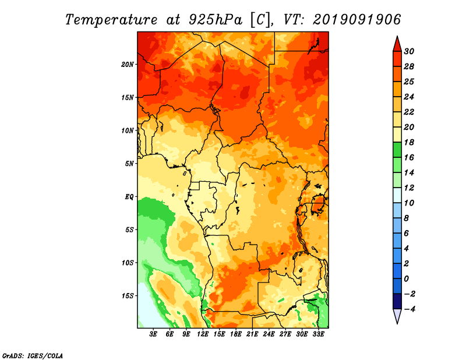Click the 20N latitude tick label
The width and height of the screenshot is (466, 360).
pyautogui.click(x=128, y=65)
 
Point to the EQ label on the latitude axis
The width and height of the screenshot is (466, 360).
pyautogui.click(x=129, y=197)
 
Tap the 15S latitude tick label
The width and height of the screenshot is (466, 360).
pyautogui.click(x=128, y=296)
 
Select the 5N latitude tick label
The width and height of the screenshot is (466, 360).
pyautogui.click(x=129, y=164)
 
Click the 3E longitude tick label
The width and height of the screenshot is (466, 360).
pyautogui.click(x=153, y=334)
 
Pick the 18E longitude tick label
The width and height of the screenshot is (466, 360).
pyautogui.click(x=236, y=334)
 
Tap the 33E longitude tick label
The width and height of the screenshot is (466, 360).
pyautogui.click(x=318, y=334)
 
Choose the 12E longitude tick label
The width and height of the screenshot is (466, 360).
pyautogui.click(x=203, y=334)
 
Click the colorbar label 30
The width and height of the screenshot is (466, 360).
pyautogui.click(x=409, y=51)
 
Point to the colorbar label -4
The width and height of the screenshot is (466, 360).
pyautogui.click(x=409, y=309)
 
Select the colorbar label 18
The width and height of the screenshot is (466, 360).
pyautogui.click(x=409, y=142)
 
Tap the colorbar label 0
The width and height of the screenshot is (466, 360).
pyautogui.click(x=407, y=279)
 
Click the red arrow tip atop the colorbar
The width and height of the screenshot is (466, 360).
pyautogui.click(x=397, y=37)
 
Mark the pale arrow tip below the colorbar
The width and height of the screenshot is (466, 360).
pyautogui.click(x=397, y=323)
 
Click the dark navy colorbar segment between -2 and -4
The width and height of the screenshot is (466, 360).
pyautogui.click(x=397, y=301)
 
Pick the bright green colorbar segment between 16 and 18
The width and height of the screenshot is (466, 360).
pyautogui.click(x=397, y=150)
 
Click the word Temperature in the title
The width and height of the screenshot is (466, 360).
pyautogui.click(x=111, y=20)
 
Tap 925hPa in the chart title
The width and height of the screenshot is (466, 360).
pyautogui.click(x=215, y=20)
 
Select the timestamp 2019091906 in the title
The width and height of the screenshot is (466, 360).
pyautogui.click(x=357, y=20)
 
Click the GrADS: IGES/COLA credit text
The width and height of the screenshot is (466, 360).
pyautogui.click(x=33, y=355)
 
